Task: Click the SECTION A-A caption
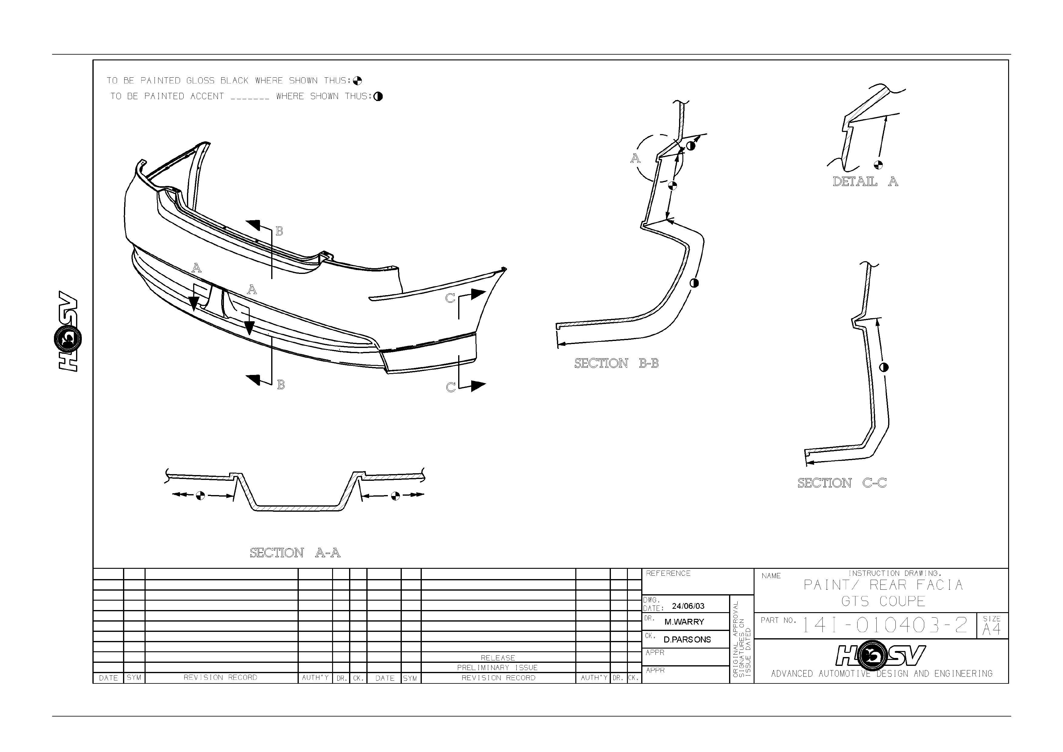[295, 553]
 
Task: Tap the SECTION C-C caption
[842, 483]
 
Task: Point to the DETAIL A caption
[865, 182]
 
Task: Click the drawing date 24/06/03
[688, 606]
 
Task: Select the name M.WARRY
[684, 622]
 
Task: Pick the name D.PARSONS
[687, 639]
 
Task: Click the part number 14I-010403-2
[884, 626]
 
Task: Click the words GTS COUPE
[883, 602]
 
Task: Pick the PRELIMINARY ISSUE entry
[497, 668]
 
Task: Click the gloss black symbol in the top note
[357, 81]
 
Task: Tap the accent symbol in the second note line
[378, 96]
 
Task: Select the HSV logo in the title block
[881, 656]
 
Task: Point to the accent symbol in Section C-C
[883, 367]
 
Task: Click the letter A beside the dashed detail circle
[635, 158]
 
